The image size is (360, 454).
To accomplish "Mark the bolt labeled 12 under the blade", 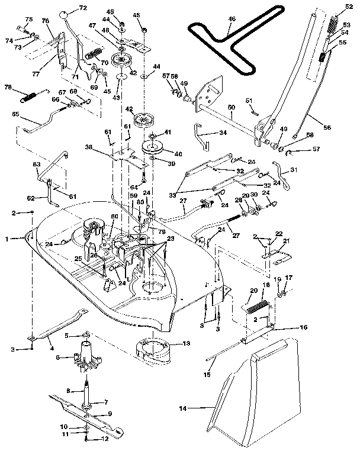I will (87, 439).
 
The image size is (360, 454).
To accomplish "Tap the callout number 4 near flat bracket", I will (52, 341).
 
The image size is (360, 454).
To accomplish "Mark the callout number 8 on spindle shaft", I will (69, 391).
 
